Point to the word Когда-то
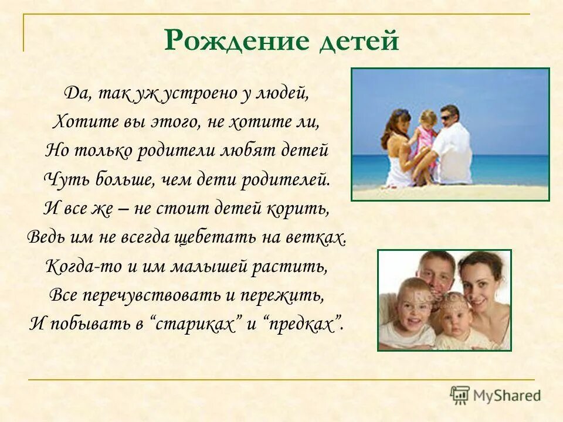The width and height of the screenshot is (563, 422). click(74, 266)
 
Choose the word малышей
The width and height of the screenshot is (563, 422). click(206, 266)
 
